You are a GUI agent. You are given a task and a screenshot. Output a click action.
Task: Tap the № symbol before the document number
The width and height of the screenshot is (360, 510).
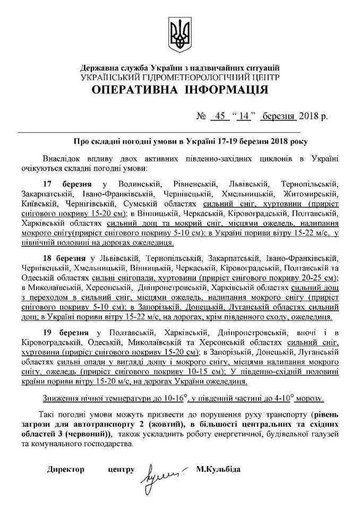point(201,116)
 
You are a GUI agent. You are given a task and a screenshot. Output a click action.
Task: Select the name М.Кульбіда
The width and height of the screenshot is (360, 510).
point(218,470)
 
